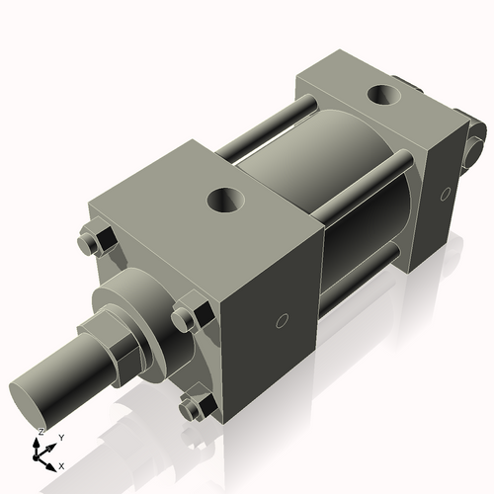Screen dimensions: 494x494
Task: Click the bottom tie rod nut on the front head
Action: pyautogui.click(x=193, y=407)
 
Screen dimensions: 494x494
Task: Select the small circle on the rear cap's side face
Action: pyautogui.click(x=449, y=193)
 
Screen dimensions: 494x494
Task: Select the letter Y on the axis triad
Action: pyautogui.click(x=61, y=437)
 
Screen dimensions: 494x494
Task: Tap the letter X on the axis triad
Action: pyautogui.click(x=61, y=464)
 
